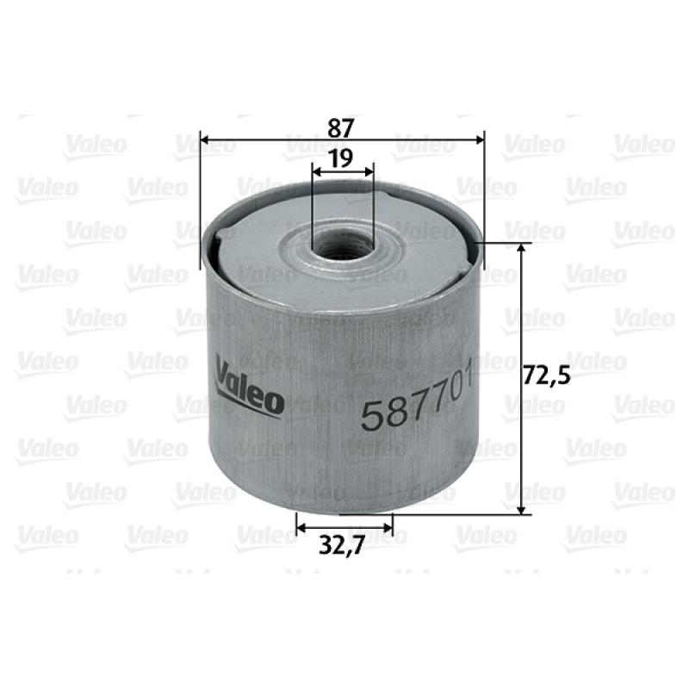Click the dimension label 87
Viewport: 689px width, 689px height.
tap(341, 127)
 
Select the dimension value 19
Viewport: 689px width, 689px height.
tap(341, 158)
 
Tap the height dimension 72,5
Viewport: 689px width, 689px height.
tap(547, 376)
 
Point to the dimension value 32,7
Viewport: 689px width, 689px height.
tap(342, 546)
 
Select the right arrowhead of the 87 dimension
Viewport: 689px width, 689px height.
tap(480, 140)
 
